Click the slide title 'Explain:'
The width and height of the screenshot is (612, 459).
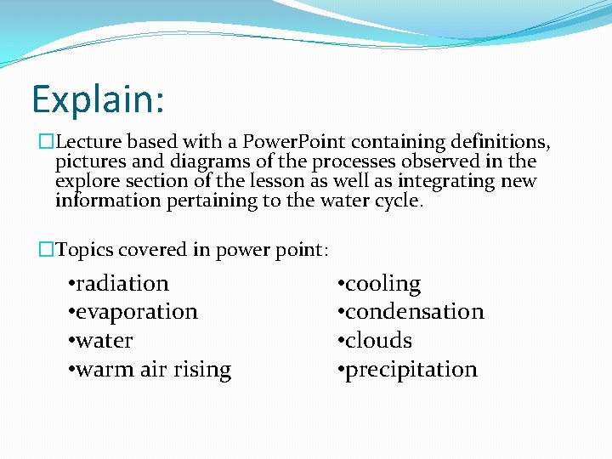[x=98, y=99]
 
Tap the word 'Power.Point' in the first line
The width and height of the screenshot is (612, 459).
[x=295, y=141]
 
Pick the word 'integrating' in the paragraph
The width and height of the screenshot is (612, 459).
[x=441, y=181]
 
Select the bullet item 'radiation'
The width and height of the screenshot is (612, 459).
[x=122, y=283]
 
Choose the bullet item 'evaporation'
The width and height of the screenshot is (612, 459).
[x=136, y=312]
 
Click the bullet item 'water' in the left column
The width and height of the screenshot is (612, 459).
[x=104, y=341]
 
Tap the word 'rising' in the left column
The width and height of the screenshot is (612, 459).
[x=201, y=370]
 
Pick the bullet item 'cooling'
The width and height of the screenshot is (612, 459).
[x=382, y=283]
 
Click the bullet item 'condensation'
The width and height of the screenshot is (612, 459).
[x=414, y=312]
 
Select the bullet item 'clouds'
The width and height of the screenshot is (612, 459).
[x=378, y=341]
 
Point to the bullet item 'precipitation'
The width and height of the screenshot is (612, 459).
[x=411, y=370]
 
